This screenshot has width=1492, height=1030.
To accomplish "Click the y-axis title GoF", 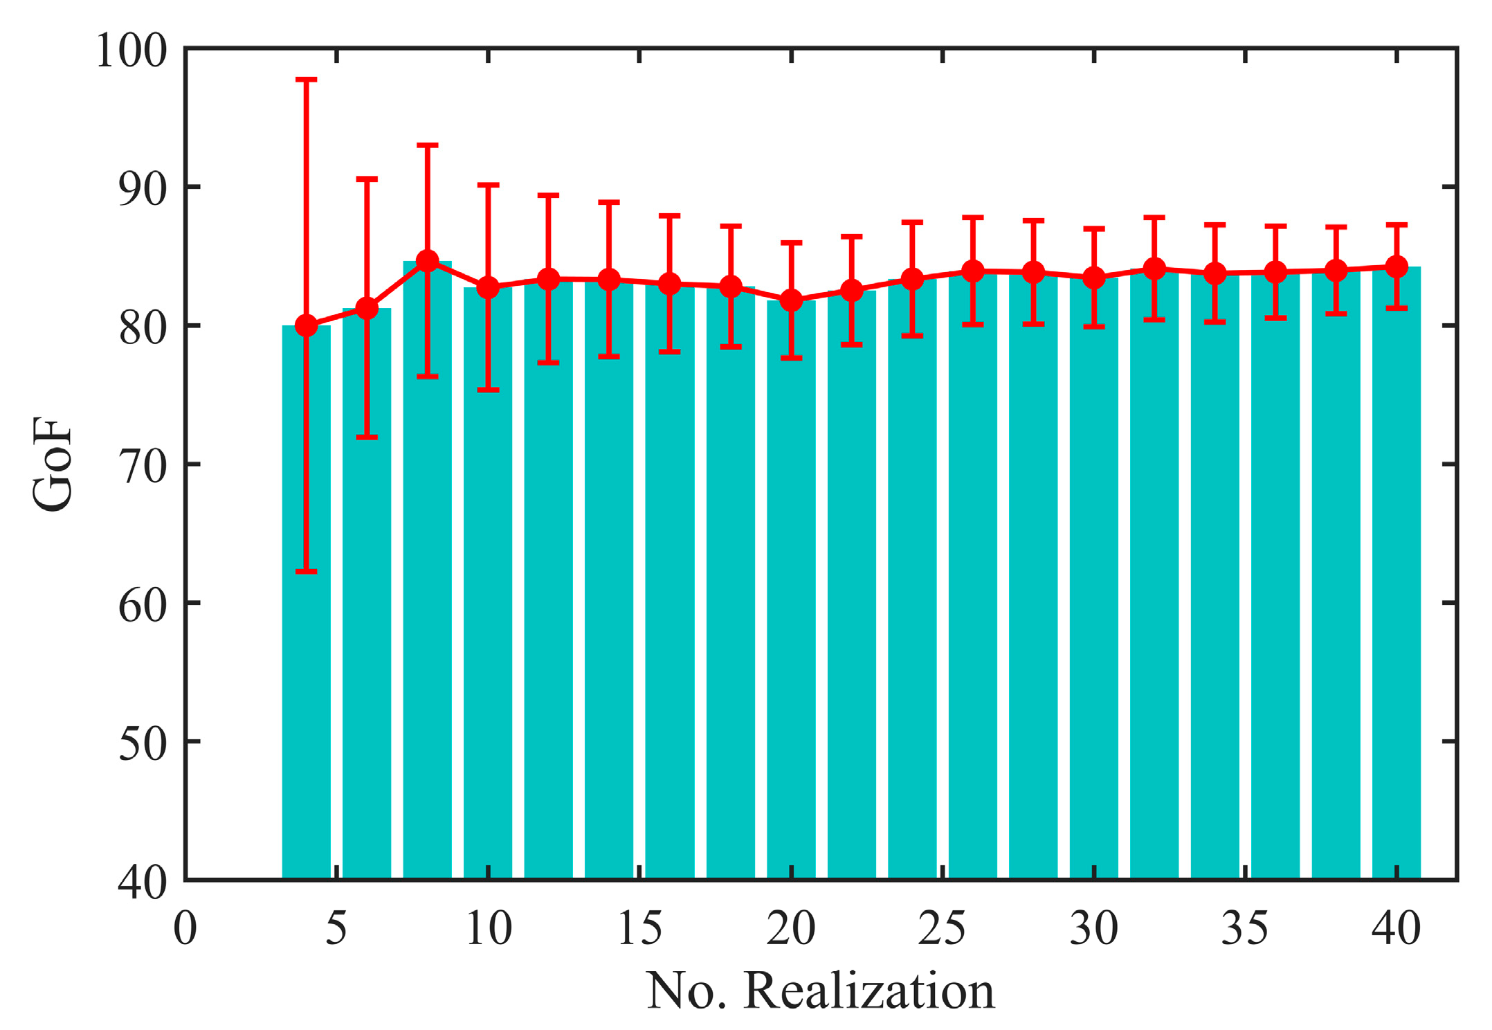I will (x=53, y=464).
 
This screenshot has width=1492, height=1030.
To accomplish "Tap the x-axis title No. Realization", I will (x=820, y=991).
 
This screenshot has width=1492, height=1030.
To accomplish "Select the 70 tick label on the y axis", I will (x=143, y=465).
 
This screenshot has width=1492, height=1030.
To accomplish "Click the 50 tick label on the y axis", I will (x=143, y=742).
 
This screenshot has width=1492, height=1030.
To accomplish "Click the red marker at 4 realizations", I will (x=307, y=325).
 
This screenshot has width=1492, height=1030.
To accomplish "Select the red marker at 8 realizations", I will (x=428, y=261).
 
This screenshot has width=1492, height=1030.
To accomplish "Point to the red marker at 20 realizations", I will (x=791, y=300).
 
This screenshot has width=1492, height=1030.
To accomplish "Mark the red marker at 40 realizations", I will (x=1397, y=266).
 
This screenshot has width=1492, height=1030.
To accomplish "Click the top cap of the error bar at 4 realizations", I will (x=307, y=80).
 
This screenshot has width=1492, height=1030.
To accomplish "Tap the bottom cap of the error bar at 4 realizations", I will (x=307, y=572).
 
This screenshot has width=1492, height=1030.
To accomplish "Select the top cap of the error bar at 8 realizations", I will (x=428, y=145).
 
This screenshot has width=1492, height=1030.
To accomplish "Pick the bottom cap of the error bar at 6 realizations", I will (x=367, y=437).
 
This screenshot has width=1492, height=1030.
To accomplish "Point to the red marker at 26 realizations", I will (x=973, y=271).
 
